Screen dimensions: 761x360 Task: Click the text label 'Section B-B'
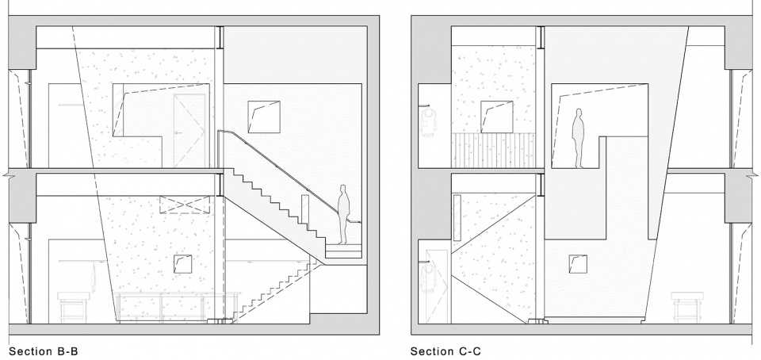click(x=44, y=351)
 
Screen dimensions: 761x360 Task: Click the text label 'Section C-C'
click(x=446, y=351)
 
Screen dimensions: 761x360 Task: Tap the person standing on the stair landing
click(x=343, y=214)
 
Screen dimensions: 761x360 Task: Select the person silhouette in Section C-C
click(x=578, y=138)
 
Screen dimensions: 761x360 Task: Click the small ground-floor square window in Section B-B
click(x=182, y=263)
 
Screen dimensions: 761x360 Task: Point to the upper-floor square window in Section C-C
click(x=496, y=117)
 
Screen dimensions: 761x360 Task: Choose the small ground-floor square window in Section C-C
click(x=578, y=264)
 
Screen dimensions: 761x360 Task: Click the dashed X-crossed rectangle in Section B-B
click(x=185, y=205)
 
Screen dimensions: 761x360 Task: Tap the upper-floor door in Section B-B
click(x=189, y=130)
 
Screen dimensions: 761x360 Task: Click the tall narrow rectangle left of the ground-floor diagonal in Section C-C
click(x=457, y=218)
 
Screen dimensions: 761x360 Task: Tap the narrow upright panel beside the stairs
click(x=304, y=209)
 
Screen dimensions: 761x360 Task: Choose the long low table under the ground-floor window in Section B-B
click(x=178, y=305)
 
